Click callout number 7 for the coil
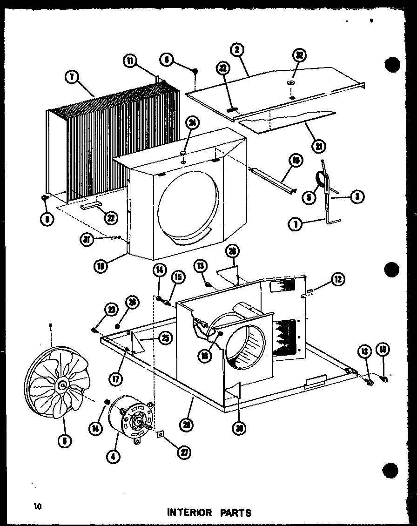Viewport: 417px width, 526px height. pos(71,78)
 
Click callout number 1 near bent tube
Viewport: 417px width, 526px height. pos(294,224)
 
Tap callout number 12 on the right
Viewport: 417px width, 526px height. pos(338,279)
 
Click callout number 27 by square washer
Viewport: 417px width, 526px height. pos(186,452)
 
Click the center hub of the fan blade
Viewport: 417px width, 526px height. pos(62,384)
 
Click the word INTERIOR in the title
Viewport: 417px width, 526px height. pos(190,513)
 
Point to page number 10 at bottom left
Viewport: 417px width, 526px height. pos(37,506)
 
